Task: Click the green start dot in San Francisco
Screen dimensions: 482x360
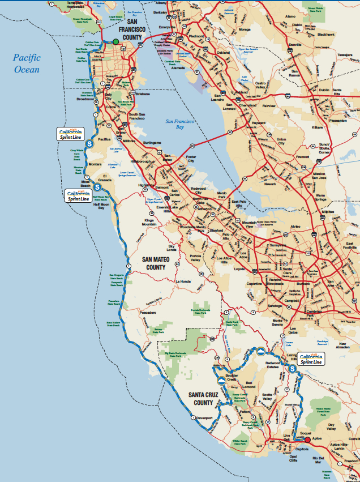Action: click(115, 41)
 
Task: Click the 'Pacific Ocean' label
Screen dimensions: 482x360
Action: click(27, 63)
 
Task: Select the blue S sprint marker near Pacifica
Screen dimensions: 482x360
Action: click(89, 144)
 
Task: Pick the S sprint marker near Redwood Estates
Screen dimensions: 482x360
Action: click(292, 369)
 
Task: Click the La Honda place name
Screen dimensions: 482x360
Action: click(185, 281)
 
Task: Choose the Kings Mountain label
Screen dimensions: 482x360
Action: click(149, 222)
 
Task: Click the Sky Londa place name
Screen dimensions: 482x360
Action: click(172, 247)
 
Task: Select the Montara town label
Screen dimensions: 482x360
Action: click(95, 164)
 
